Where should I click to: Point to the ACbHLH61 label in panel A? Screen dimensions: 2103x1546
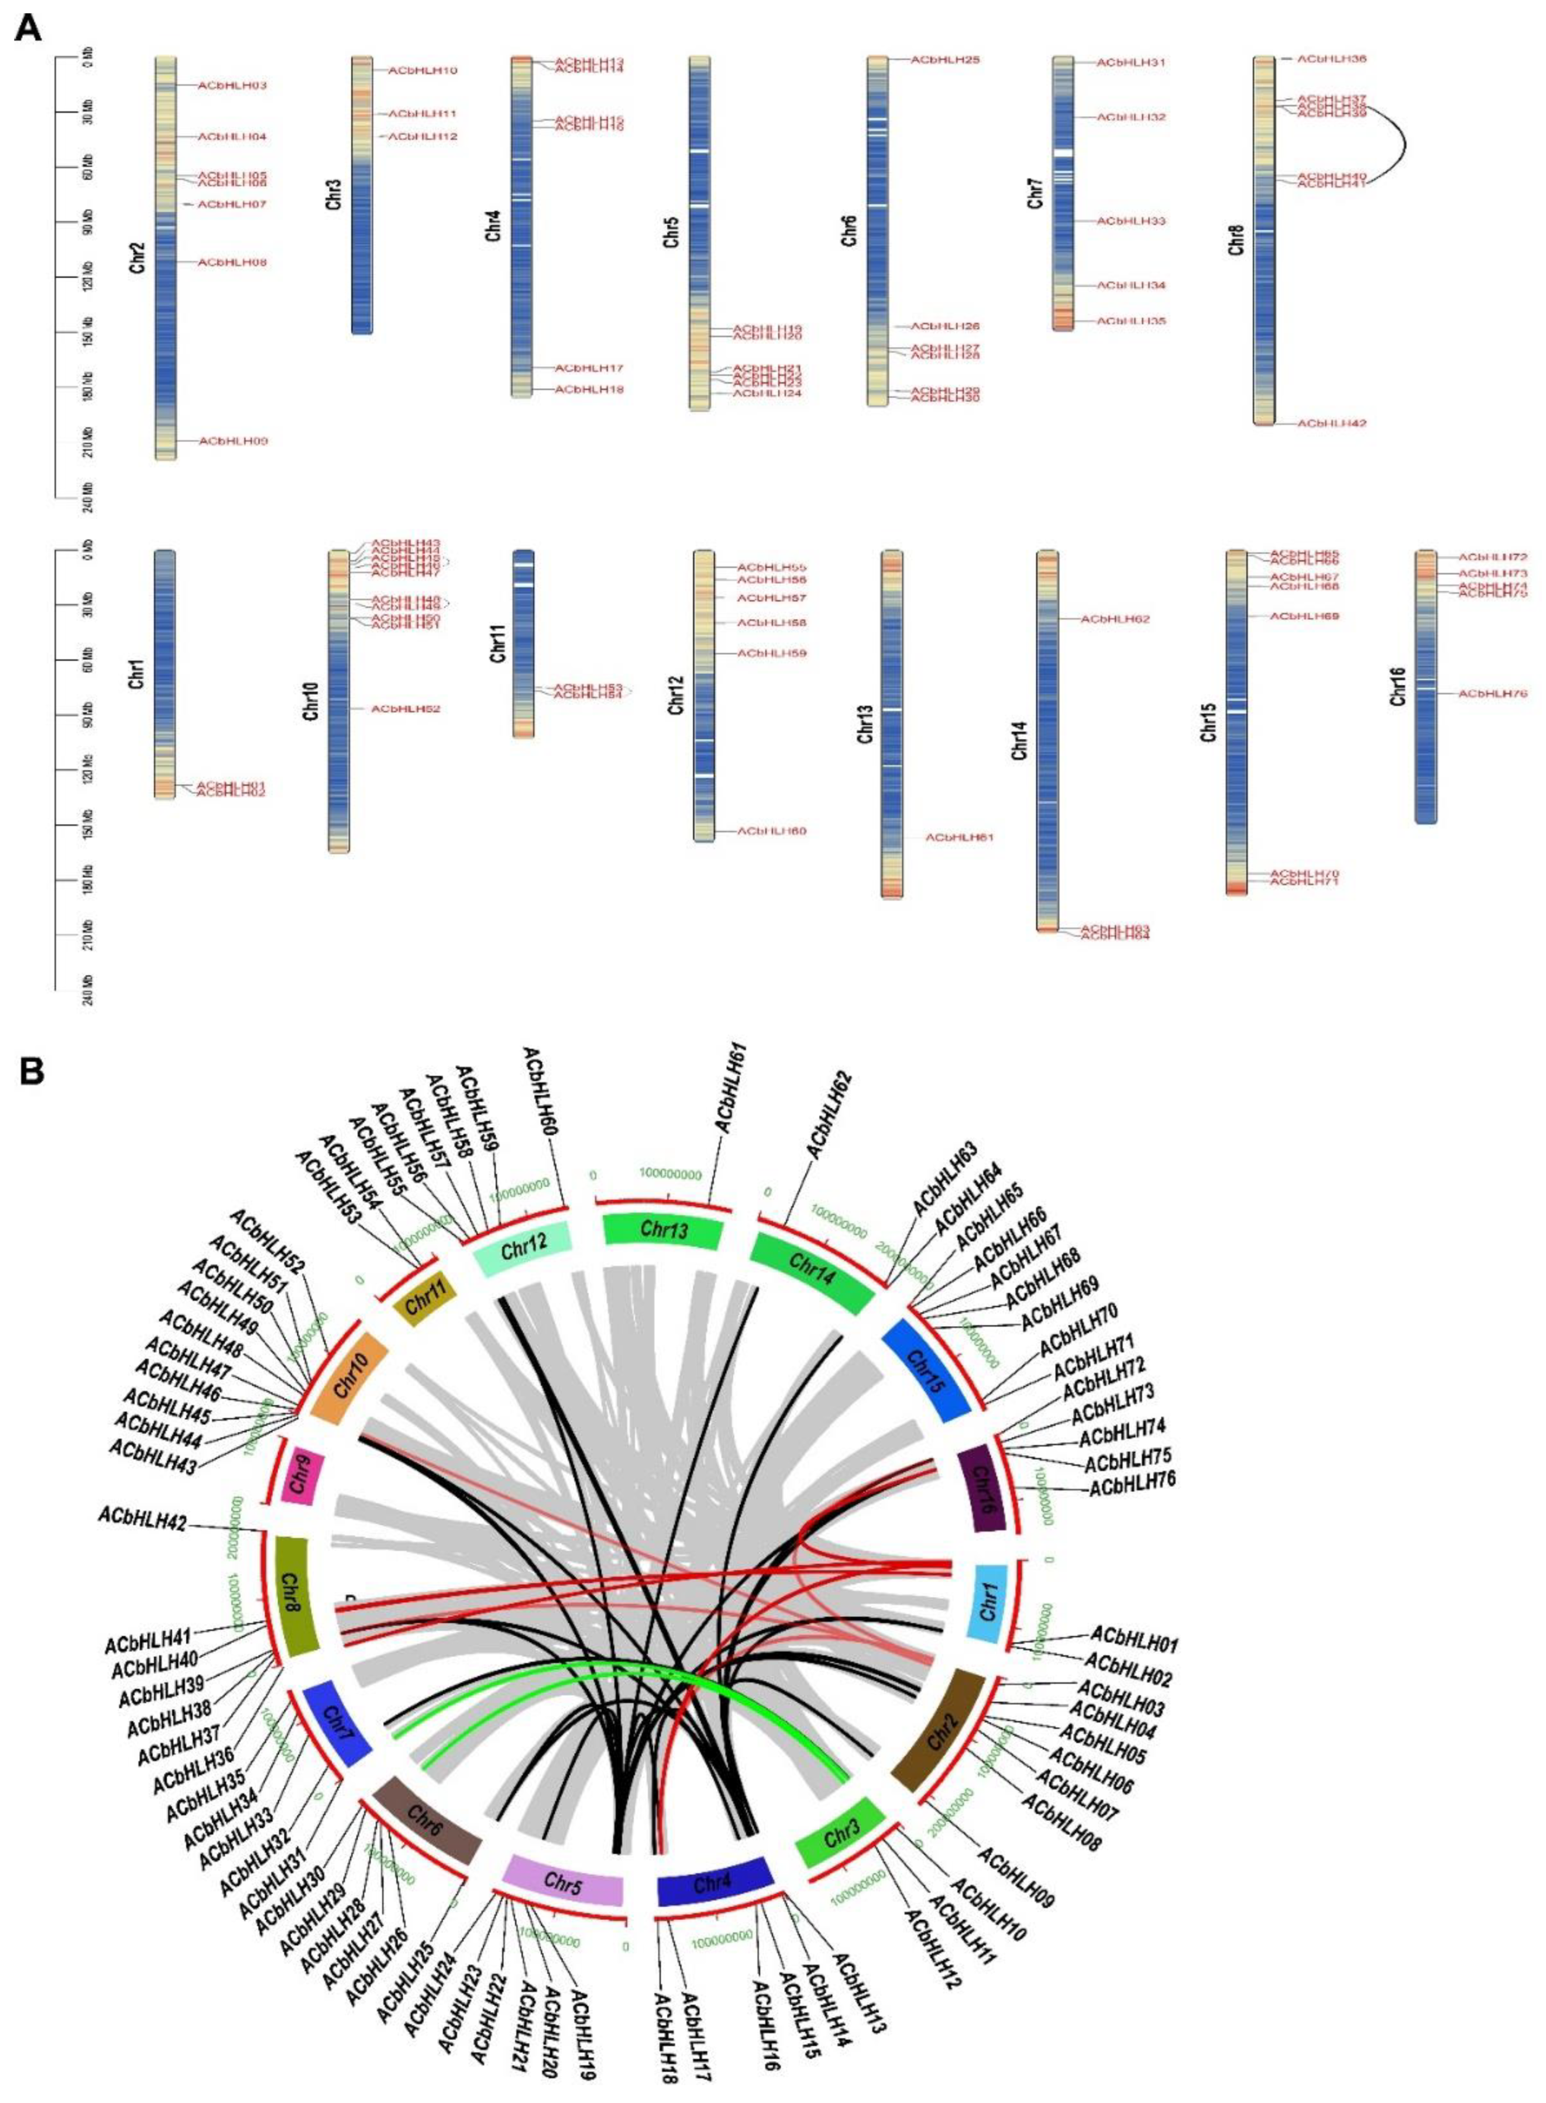click(959, 838)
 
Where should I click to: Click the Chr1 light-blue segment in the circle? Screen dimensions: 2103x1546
click(989, 1601)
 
